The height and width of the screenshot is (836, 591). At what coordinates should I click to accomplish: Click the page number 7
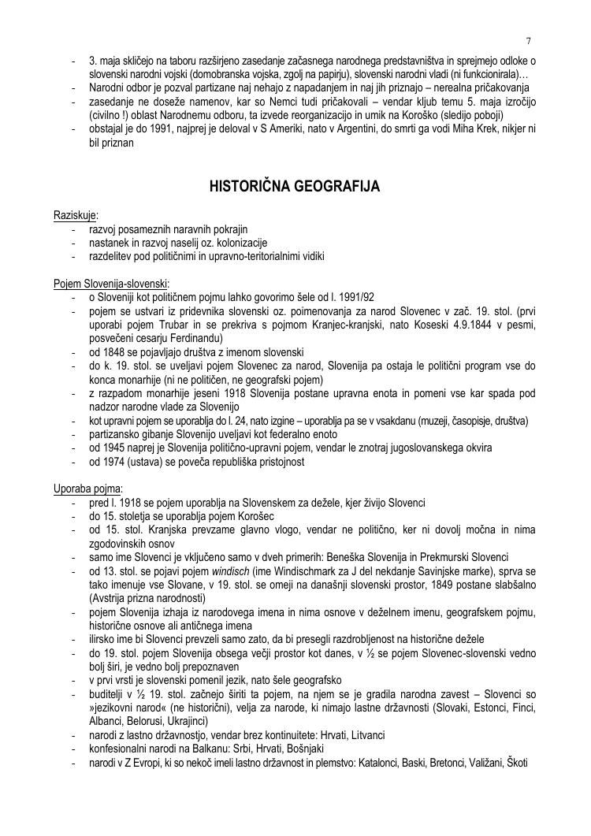[528, 40]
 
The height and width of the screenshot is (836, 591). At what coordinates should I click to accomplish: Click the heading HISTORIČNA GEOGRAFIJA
[295, 187]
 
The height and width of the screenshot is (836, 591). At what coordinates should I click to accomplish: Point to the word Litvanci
[364, 735]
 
